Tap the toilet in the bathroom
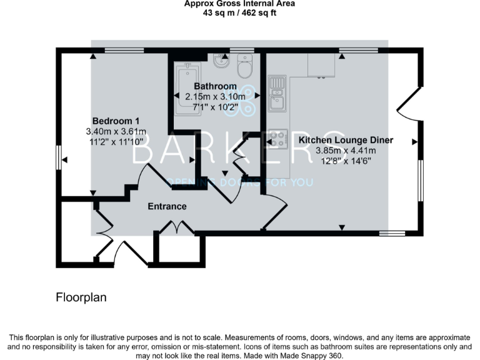tap(244, 64)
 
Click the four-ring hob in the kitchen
tap(277, 139)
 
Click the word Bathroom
tap(215, 86)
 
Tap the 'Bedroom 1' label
tap(116, 121)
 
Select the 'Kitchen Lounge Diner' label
tap(346, 140)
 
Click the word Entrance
tap(167, 206)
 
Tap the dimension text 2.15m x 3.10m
tap(215, 96)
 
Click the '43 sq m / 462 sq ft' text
tap(239, 13)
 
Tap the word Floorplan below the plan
tap(81, 297)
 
